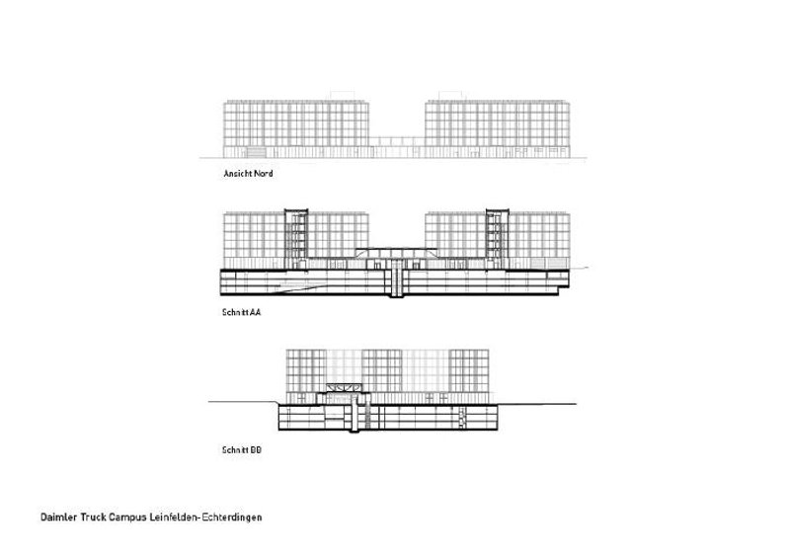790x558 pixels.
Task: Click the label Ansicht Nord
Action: point(248,175)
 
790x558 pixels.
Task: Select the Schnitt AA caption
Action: point(242,311)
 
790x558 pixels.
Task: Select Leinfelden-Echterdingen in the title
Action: point(217,516)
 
